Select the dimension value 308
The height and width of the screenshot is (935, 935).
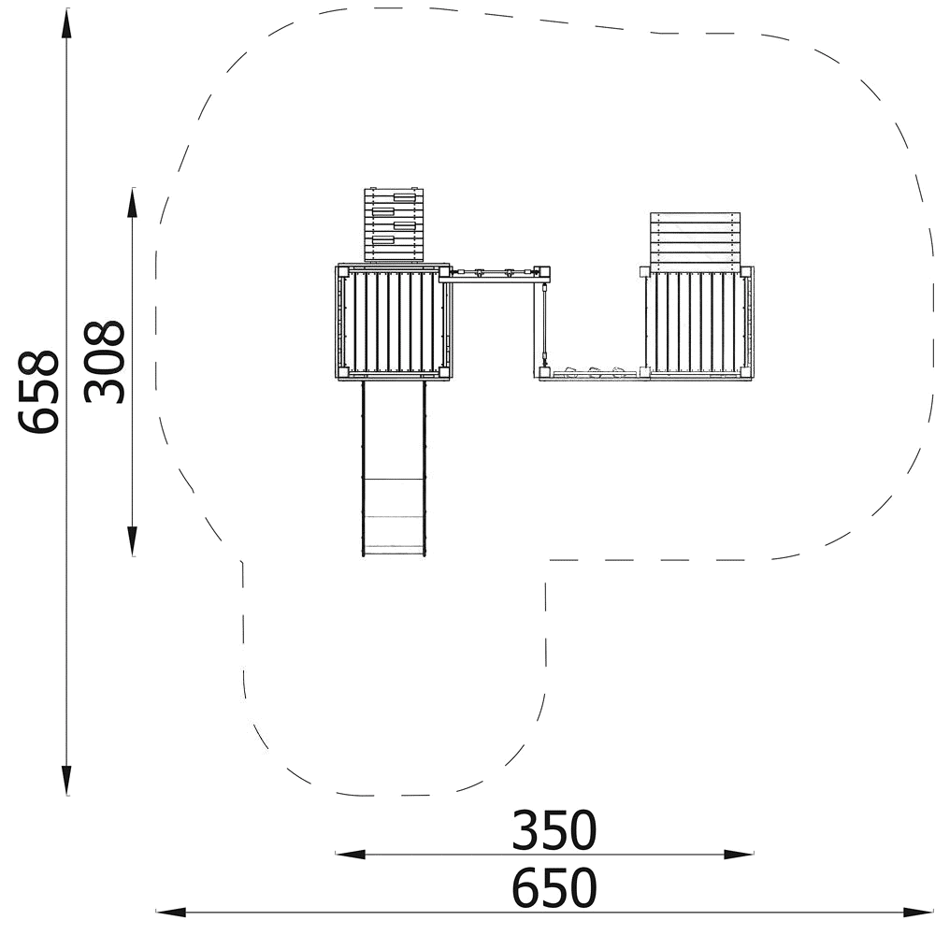coord(104,362)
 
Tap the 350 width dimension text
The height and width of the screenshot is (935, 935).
coord(554,830)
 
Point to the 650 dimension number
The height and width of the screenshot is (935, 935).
coord(554,887)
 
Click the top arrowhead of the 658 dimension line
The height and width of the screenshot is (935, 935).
coord(66,24)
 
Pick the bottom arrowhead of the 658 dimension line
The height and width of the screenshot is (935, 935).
coord(66,780)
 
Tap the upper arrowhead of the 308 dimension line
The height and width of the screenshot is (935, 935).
coord(133,203)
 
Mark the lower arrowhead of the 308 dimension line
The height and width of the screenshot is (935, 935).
coord(133,540)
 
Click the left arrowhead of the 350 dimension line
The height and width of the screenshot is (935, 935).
coord(351,854)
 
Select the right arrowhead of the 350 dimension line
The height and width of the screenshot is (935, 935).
coord(739,854)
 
